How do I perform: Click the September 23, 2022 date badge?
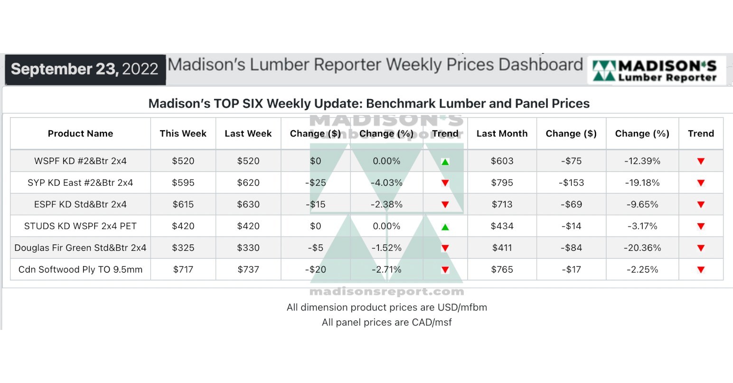(x=85, y=69)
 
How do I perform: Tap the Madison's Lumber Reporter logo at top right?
(x=657, y=70)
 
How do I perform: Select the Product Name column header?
(x=80, y=134)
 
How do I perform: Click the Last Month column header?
(x=502, y=134)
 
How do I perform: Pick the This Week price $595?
(x=183, y=183)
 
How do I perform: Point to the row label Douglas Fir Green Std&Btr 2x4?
(x=80, y=248)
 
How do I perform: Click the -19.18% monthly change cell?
(x=642, y=183)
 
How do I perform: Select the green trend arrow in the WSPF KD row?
(x=445, y=162)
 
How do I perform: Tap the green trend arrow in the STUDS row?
(x=445, y=227)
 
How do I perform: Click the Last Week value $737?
(x=248, y=270)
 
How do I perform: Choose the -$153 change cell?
(x=571, y=183)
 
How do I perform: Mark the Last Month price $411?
(x=502, y=248)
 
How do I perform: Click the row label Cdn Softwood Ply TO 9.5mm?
(x=80, y=270)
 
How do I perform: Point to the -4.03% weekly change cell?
(x=386, y=183)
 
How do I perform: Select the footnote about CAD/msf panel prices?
(x=386, y=322)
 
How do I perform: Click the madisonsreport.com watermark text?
(x=386, y=292)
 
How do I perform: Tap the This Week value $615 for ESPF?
(x=183, y=205)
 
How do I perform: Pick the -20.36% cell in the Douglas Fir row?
(x=642, y=248)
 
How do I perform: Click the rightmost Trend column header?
(x=701, y=134)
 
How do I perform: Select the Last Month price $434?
(x=502, y=227)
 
